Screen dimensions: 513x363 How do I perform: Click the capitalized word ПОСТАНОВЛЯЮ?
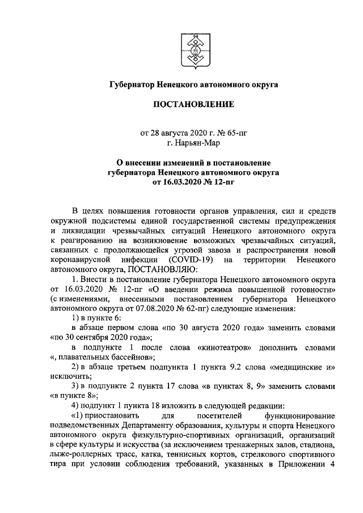tap(163, 269)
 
